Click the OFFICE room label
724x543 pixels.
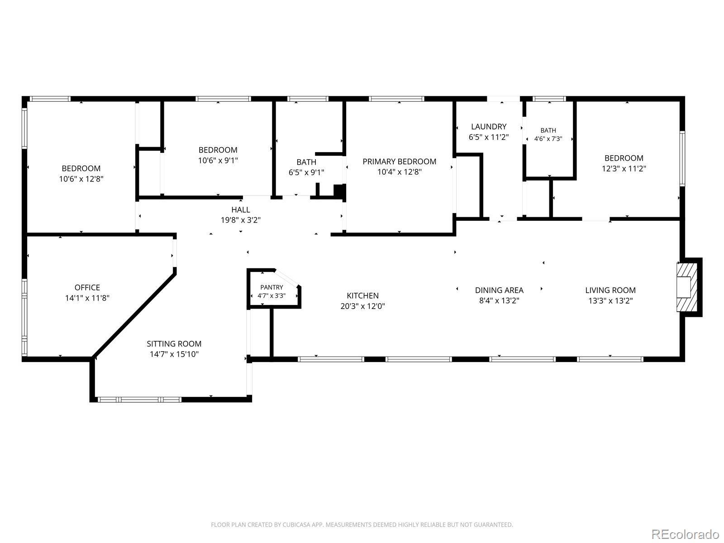click(x=87, y=287)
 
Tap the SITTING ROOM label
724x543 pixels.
click(x=174, y=344)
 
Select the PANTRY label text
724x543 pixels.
click(x=271, y=287)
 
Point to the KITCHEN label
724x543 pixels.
click(x=362, y=296)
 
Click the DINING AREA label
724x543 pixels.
click(x=499, y=290)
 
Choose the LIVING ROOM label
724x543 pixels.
click(x=610, y=290)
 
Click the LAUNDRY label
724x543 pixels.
click(x=489, y=127)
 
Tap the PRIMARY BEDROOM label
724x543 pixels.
click(x=399, y=162)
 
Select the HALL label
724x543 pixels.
click(x=240, y=210)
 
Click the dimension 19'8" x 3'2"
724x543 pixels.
click(x=240, y=220)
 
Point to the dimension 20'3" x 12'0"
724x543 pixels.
click(x=362, y=306)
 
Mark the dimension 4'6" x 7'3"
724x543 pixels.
click(x=548, y=139)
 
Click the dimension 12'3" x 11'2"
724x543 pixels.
click(x=624, y=169)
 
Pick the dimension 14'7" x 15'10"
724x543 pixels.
click(x=174, y=354)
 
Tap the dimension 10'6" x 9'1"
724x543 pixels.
click(x=218, y=161)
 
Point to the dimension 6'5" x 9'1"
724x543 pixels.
click(x=306, y=172)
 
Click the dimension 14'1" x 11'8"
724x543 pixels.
click(x=87, y=298)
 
